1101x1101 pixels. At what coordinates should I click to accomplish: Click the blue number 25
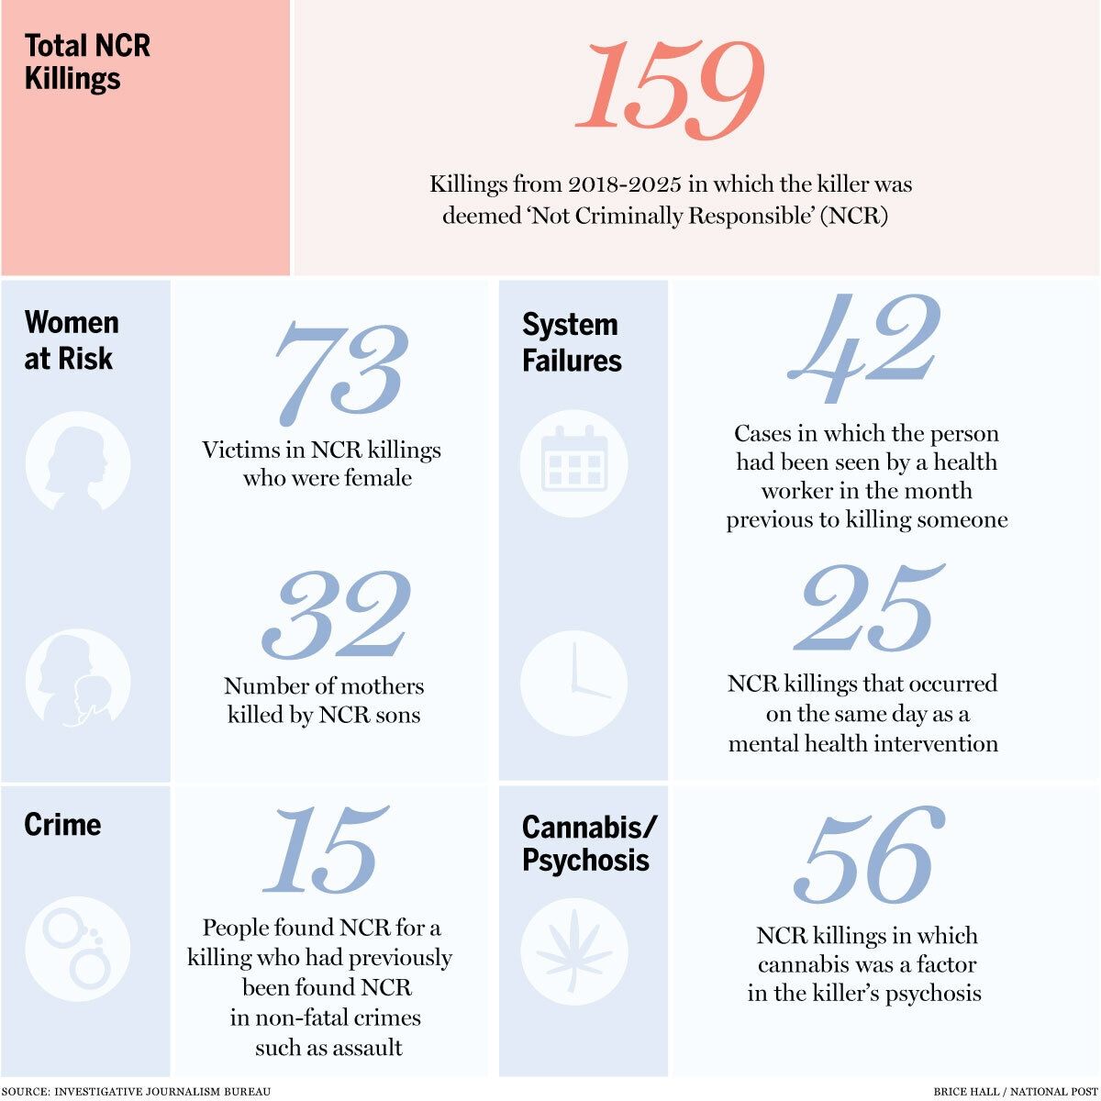[869, 608]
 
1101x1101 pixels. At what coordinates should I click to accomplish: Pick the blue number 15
[326, 850]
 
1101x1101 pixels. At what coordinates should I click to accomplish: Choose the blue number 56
[870, 855]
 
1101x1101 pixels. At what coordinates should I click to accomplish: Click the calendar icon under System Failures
[573, 463]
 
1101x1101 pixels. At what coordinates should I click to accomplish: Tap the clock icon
[573, 683]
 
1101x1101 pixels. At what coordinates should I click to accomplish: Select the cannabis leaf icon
[573, 951]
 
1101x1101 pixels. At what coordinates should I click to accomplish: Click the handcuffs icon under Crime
[78, 949]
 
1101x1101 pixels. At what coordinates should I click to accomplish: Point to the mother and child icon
[78, 678]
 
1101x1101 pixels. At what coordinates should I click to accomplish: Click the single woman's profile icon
[78, 461]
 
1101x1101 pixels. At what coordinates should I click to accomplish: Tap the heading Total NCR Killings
[87, 61]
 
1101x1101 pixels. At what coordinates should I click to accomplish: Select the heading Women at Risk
[72, 340]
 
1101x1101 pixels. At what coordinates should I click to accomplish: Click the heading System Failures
[572, 343]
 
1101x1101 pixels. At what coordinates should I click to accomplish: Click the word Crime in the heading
[62, 824]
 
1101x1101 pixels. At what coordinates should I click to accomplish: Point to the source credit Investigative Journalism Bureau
[136, 1091]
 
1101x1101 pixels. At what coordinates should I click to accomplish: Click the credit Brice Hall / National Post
[1016, 1091]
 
